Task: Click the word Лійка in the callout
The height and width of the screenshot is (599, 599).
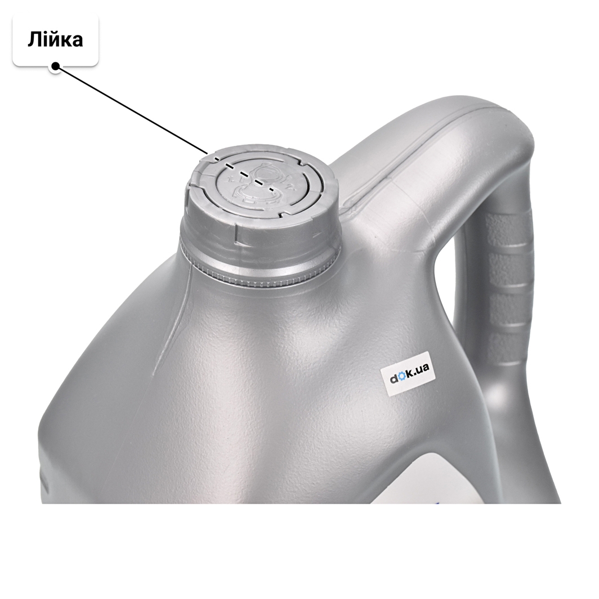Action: pos(55,40)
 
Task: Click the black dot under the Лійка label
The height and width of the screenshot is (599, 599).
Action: pos(56,66)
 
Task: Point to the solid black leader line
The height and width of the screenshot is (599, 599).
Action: pos(132,110)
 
